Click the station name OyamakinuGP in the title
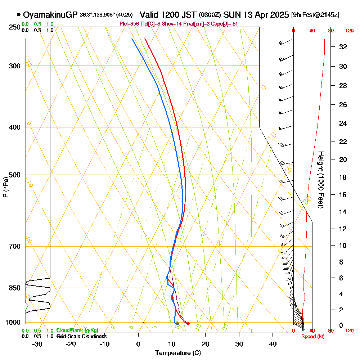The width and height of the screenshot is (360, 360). (50, 15)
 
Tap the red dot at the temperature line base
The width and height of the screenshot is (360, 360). (188, 324)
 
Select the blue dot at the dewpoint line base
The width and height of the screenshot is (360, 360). (177, 324)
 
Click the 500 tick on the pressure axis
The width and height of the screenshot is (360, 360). (14, 175)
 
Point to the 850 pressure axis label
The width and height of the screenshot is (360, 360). (14, 288)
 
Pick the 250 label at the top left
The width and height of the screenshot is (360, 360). (14, 27)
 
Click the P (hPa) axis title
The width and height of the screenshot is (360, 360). (5, 187)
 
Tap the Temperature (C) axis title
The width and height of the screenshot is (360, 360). (178, 353)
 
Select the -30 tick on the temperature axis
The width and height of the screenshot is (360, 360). (37, 344)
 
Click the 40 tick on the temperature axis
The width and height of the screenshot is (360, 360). (273, 344)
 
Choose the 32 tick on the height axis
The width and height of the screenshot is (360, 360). (343, 47)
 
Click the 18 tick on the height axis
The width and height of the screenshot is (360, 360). (343, 177)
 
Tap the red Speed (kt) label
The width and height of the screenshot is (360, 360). (313, 336)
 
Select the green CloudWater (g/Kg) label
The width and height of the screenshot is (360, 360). (77, 330)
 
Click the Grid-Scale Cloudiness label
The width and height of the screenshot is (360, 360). (81, 336)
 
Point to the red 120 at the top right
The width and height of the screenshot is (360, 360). (349, 31)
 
